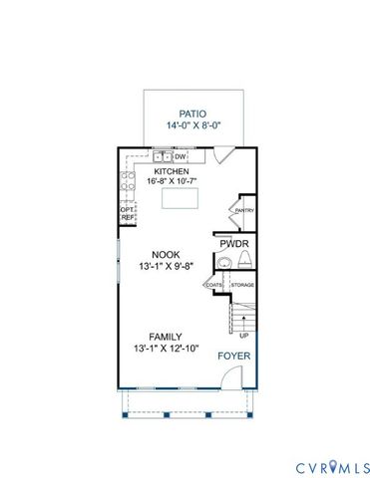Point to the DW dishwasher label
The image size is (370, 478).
[182, 156]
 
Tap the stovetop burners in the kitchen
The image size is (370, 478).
[128, 182]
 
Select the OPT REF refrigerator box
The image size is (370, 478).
[127, 213]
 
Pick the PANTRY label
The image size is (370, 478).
[244, 211]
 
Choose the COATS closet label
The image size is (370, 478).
[214, 286]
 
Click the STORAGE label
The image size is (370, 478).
[242, 286]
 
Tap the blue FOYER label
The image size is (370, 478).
[235, 355]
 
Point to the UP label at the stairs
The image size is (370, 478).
[243, 337]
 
